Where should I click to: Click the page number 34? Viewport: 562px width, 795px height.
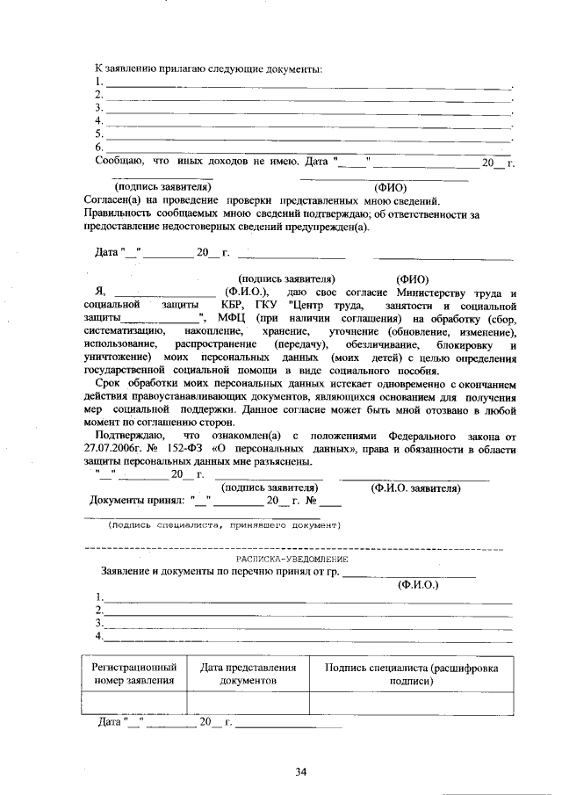click(x=300, y=772)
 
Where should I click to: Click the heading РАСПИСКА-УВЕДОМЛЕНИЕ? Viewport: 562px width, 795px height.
click(x=292, y=559)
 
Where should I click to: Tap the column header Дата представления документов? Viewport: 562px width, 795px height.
click(x=249, y=674)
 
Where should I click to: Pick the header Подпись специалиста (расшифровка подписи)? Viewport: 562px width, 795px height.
click(x=411, y=674)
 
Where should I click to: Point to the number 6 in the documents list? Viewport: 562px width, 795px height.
click(x=99, y=147)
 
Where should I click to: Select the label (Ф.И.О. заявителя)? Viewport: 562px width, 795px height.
click(x=414, y=487)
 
